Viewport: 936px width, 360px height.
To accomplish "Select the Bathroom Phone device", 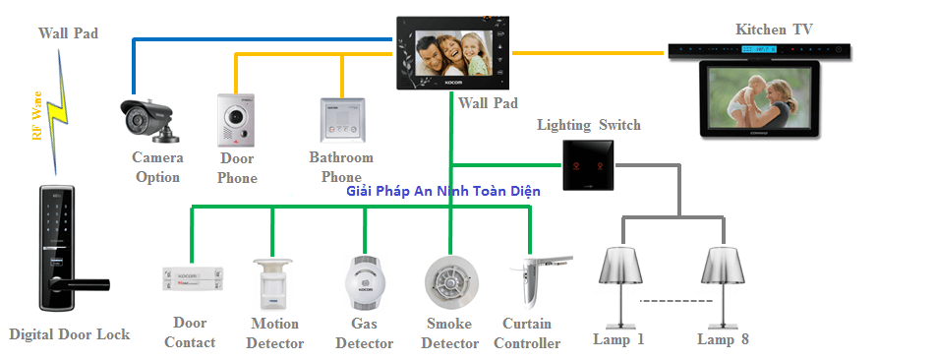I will coord(340,121).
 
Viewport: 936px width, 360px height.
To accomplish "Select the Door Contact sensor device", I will coord(193,279).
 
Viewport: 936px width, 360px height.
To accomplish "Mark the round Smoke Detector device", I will coord(448,283).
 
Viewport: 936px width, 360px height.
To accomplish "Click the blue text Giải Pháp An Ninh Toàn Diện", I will coord(443,191).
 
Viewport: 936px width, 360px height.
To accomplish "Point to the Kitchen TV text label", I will coord(775,30).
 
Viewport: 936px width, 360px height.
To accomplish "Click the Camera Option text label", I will coord(157,167).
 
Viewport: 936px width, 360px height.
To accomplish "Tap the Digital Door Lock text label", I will coord(69,334).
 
